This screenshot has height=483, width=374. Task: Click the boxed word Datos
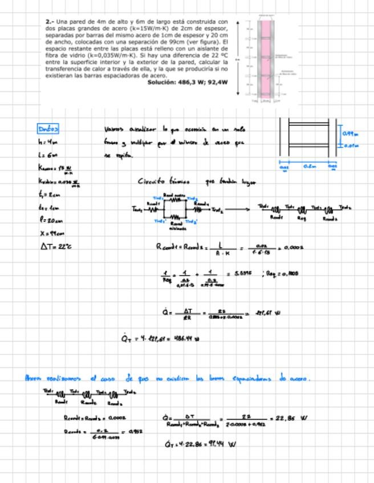click(48, 129)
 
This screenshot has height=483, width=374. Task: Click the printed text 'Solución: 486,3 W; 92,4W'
click(188, 82)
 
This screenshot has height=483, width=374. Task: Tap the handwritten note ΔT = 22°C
click(56, 247)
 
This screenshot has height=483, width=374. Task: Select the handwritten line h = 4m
click(47, 142)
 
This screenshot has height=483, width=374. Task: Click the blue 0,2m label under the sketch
click(309, 166)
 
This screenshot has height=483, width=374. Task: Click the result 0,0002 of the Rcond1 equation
click(293, 247)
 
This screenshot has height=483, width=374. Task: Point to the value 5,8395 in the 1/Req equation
click(243, 273)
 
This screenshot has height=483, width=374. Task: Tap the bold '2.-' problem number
click(50, 21)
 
